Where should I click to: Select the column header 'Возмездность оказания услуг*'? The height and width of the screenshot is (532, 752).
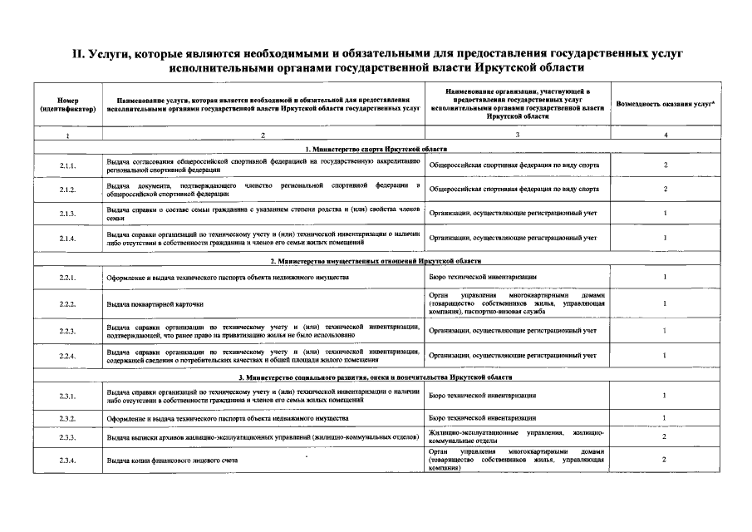pos(665,104)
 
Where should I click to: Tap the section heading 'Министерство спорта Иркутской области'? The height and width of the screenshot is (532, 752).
pos(376,148)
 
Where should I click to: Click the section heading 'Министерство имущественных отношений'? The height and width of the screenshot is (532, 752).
pos(376,261)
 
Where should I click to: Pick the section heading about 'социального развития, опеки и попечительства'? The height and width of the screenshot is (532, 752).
pos(376,377)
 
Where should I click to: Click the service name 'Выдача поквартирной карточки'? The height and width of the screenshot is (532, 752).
pos(155,305)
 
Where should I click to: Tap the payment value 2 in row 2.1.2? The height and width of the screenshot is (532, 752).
pos(665,190)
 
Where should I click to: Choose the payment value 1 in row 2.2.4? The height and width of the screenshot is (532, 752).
pos(665,356)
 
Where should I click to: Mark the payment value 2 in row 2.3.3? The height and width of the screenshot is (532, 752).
pos(665,436)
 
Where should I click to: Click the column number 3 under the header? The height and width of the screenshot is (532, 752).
pos(517,135)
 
